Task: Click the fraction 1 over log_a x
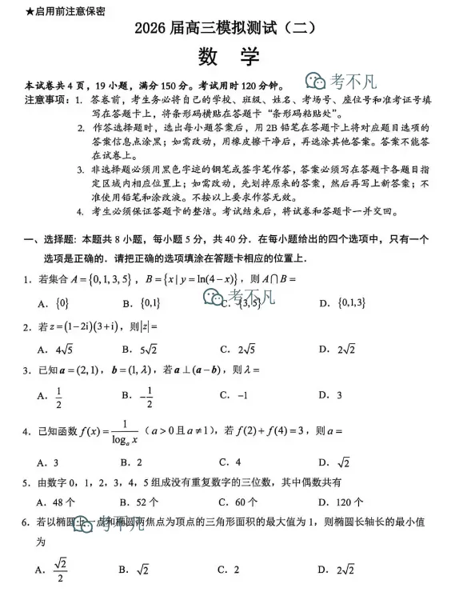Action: [125, 432]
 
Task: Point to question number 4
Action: [26, 433]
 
